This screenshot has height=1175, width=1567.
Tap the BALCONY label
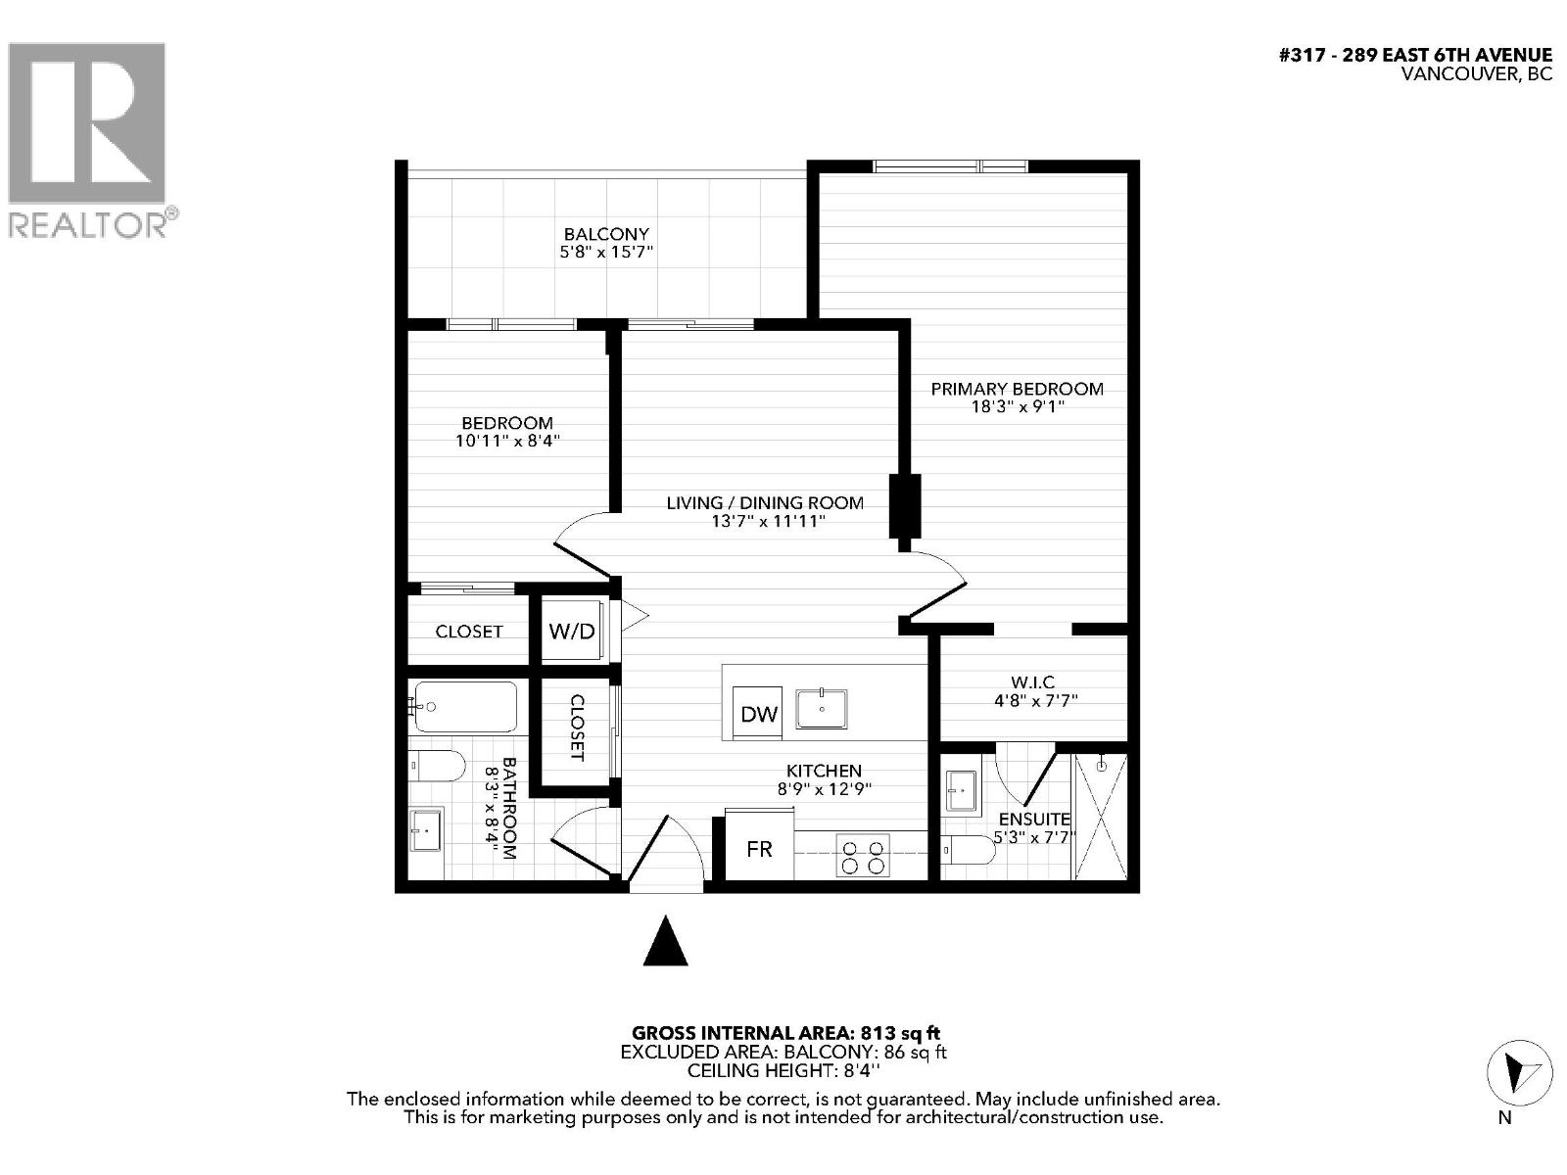(606, 234)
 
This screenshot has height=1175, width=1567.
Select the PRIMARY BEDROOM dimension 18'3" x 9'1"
(1017, 406)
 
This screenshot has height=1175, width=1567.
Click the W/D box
(572, 631)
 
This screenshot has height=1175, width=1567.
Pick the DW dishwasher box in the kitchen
(759, 714)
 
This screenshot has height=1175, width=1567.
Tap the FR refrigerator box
(759, 848)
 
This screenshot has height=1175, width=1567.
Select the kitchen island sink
(821, 709)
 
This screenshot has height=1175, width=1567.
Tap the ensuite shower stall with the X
(1101, 817)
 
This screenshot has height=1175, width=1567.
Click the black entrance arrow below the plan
(666, 941)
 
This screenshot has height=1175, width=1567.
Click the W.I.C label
(1032, 681)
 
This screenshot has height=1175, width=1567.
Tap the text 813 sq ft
(900, 1032)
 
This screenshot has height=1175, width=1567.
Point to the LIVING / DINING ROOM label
(765, 502)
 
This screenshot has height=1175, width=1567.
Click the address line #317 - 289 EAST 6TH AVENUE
(1415, 55)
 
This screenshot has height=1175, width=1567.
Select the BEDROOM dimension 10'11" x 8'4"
(507, 441)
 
